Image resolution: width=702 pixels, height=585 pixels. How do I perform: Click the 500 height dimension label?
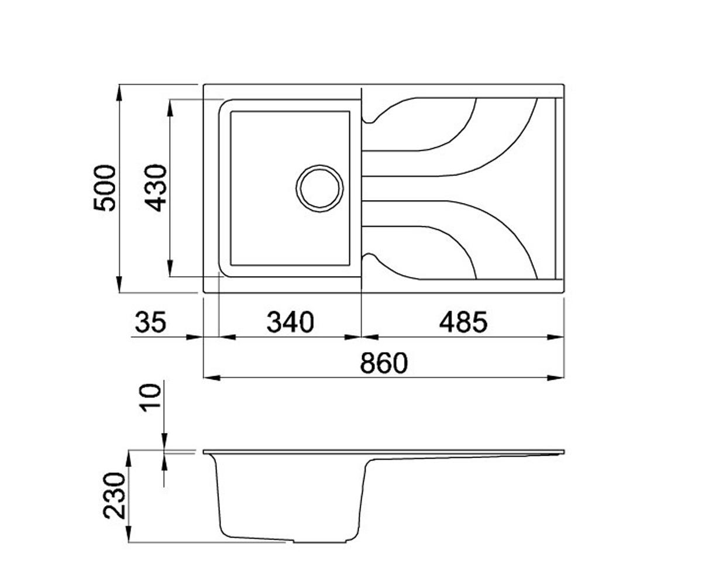(105, 188)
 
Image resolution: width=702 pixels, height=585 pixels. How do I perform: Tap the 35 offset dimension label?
(150, 322)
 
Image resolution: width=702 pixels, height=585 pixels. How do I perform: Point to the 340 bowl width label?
(290, 322)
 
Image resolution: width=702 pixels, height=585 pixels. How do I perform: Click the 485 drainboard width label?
(463, 322)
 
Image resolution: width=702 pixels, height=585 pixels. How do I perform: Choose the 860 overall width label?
(384, 363)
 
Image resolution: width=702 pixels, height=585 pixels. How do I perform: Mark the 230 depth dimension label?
(113, 496)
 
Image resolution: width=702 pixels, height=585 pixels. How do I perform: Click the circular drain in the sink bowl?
(320, 188)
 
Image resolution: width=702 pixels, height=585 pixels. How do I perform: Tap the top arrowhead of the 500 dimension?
(119, 92)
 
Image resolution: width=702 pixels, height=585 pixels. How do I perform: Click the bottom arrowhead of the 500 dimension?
(119, 285)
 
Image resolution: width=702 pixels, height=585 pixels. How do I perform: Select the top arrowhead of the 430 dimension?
(170, 108)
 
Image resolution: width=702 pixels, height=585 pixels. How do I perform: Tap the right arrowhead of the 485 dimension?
(556, 337)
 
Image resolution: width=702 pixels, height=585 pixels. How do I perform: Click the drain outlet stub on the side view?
(320, 552)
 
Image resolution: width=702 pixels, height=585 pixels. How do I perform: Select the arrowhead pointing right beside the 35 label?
(195, 337)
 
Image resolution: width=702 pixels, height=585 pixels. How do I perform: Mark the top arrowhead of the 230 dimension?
(129, 458)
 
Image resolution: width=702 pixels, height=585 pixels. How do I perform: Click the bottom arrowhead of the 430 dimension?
(170, 269)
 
